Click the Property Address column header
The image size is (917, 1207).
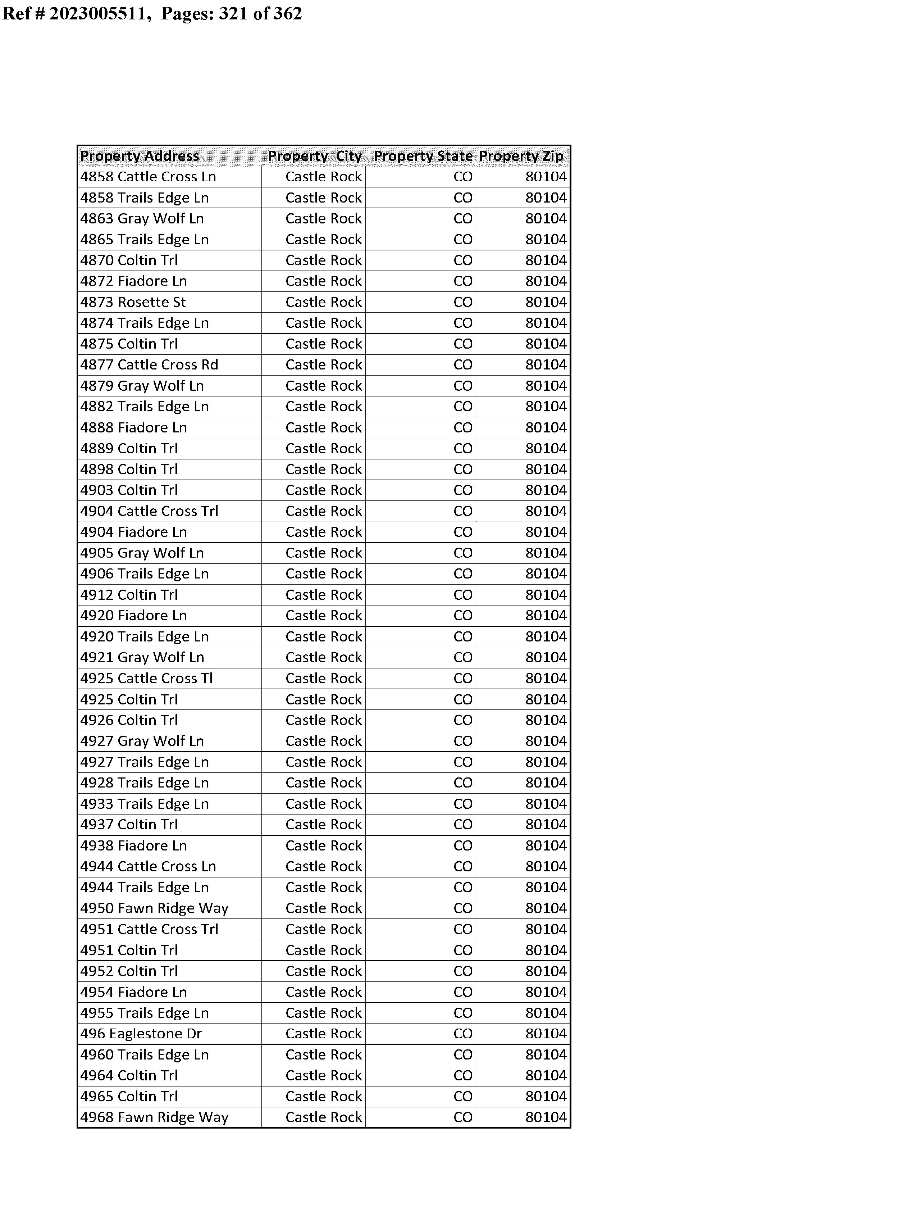(x=140, y=156)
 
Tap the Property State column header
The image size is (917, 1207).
(x=423, y=156)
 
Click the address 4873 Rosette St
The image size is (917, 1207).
(x=133, y=302)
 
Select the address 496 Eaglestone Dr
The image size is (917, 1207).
(x=141, y=1033)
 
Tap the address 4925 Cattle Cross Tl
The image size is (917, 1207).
(x=146, y=678)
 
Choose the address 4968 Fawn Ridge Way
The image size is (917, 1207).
(x=155, y=1117)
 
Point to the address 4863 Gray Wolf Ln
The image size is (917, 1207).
(x=142, y=218)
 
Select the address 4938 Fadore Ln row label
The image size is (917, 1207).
(x=134, y=845)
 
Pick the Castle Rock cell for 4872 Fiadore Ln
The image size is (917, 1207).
(x=323, y=281)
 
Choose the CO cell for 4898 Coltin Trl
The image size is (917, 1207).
(x=463, y=469)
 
